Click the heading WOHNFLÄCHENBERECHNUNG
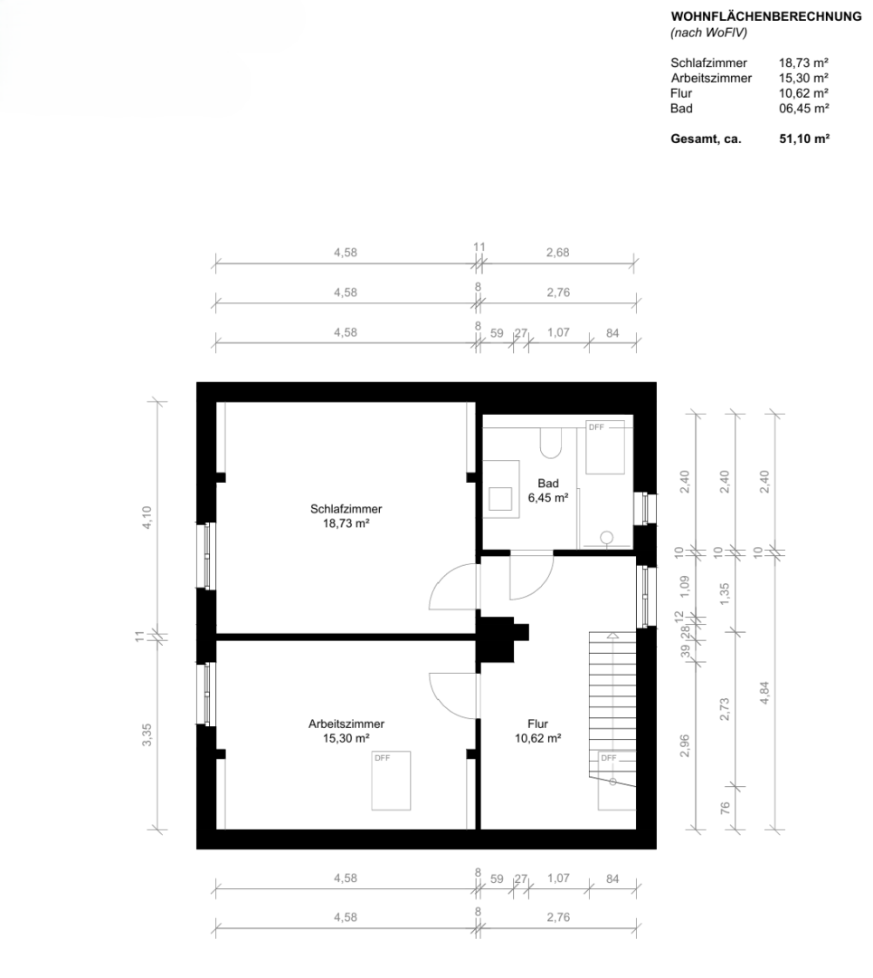766,17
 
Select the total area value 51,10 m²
804,139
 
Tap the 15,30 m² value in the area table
803,78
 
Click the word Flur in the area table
681,93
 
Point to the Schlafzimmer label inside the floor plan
346,509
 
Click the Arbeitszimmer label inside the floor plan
346,724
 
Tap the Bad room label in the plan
547,484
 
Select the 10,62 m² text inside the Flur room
537,739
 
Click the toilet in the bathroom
551,443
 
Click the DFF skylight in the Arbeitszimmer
392,781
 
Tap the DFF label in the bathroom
596,427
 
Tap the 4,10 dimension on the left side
147,517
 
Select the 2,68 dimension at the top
557,253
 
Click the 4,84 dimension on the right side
764,694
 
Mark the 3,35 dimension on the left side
147,734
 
